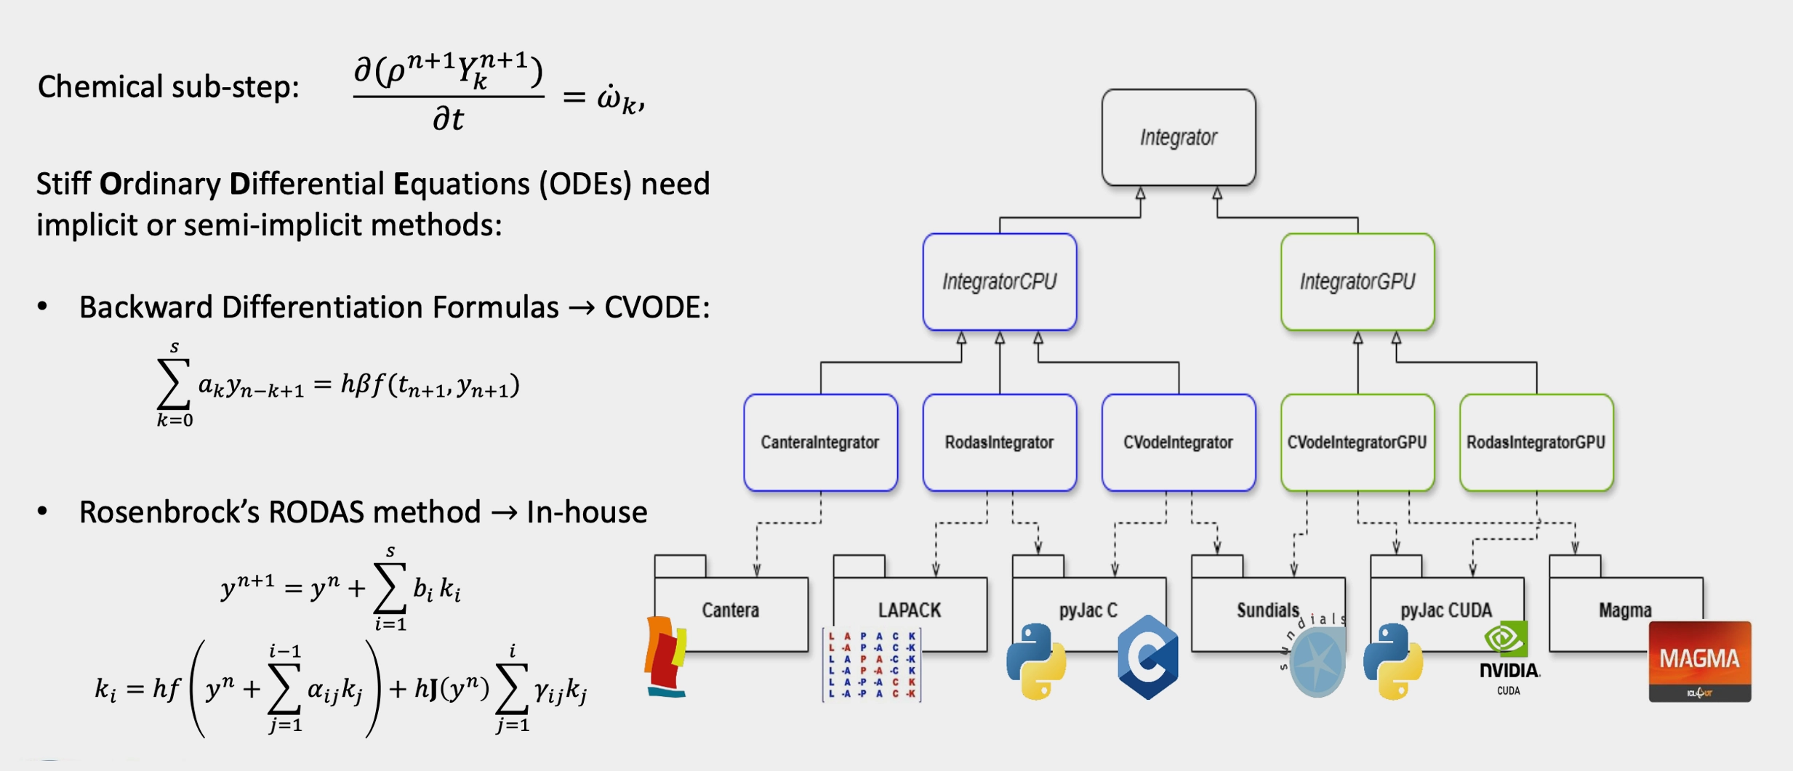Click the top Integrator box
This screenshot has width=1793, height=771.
[1178, 137]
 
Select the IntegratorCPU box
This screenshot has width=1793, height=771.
[999, 282]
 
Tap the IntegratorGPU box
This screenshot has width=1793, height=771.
[1357, 282]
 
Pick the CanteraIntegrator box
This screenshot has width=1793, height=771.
[820, 443]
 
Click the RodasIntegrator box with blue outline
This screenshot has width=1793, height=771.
[999, 443]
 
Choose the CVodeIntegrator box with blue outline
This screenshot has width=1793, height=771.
[1178, 443]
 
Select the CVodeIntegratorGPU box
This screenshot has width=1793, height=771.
[1357, 443]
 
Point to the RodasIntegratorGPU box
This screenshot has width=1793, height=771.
[1536, 443]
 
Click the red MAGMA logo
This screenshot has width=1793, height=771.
[1699, 661]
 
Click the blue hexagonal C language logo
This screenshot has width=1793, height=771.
[1147, 657]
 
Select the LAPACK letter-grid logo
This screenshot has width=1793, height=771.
[872, 665]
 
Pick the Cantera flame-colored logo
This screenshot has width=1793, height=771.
[665, 656]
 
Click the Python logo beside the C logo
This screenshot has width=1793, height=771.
[1036, 661]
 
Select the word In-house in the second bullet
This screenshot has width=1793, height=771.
[587, 512]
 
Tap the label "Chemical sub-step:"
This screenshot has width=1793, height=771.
[169, 87]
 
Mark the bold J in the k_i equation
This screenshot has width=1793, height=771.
[433, 688]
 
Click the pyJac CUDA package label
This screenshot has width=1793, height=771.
[1445, 610]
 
